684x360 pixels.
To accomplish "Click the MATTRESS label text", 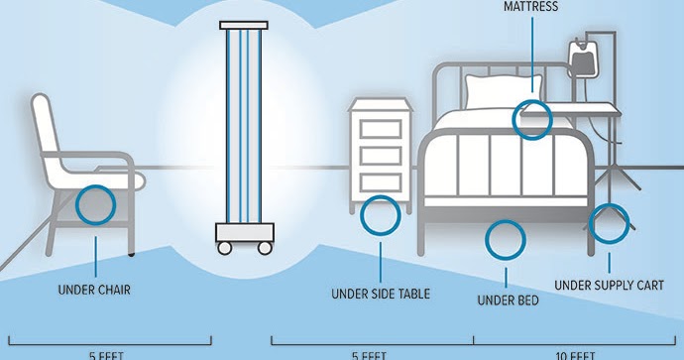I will (530, 6).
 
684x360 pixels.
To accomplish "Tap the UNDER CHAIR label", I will (95, 290).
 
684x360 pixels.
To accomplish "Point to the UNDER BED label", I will (508, 299).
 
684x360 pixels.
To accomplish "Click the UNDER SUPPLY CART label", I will (609, 286).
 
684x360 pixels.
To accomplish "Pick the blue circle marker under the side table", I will (381, 216).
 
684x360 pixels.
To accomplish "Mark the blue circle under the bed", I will (506, 239).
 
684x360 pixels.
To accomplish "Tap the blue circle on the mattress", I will (531, 119).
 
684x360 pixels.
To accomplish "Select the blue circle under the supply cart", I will (609, 224).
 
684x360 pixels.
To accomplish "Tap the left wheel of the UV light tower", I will (226, 247).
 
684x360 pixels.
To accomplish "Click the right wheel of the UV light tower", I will (265, 247).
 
